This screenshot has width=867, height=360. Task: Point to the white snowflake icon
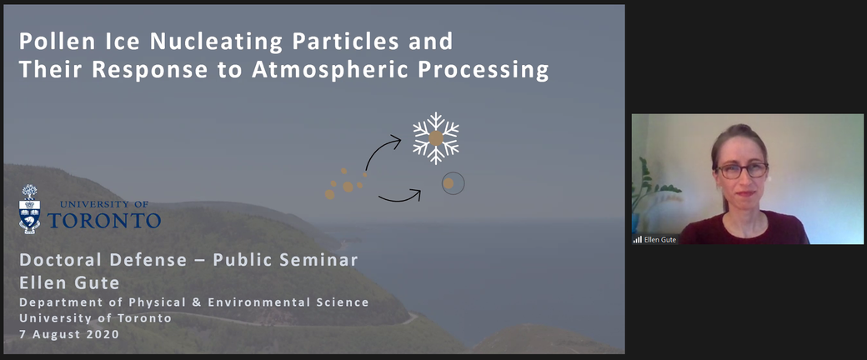(x=436, y=138)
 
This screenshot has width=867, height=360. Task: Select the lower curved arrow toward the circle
(x=399, y=198)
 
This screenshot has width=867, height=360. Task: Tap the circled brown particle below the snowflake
(x=453, y=183)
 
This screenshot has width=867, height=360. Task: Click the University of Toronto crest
(x=29, y=209)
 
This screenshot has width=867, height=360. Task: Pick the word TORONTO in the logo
(x=104, y=219)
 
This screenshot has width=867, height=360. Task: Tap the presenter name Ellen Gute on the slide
(x=69, y=283)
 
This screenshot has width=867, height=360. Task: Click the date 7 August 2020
(x=68, y=334)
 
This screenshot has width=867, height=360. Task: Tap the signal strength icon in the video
(x=638, y=239)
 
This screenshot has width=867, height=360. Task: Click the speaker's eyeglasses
(x=741, y=170)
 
